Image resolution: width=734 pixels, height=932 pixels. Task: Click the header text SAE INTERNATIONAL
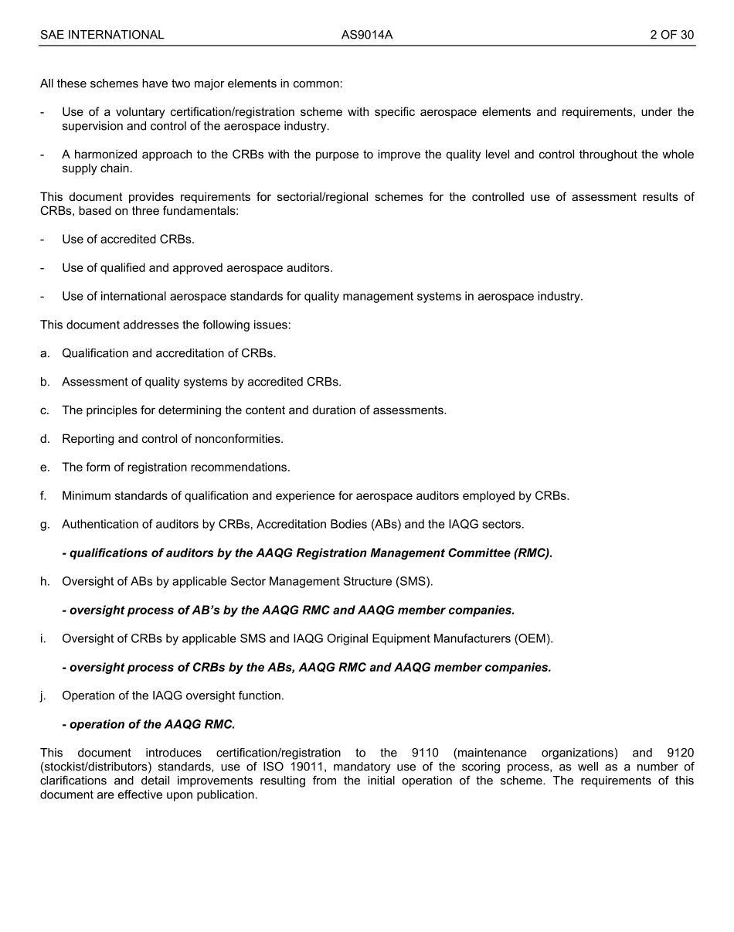coord(102,35)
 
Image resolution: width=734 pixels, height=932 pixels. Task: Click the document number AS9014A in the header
coord(367,35)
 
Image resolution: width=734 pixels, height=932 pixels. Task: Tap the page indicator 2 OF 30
coord(671,35)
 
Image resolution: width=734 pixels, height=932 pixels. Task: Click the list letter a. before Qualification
coord(45,353)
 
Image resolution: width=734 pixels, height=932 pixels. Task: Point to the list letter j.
coord(44,696)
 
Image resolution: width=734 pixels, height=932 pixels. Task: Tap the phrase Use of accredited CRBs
coord(128,240)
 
